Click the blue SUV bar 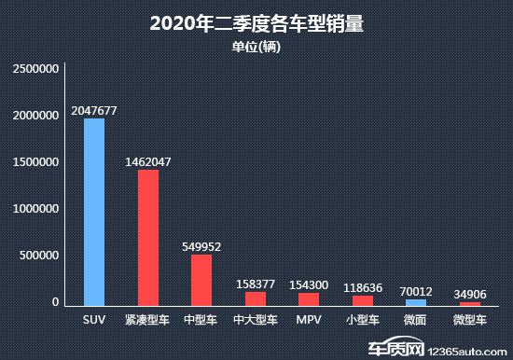coord(94,212)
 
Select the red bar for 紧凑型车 coord(147,238)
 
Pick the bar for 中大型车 coord(255,298)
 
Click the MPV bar coord(309,298)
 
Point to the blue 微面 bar coord(416,302)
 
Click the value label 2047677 coord(94,110)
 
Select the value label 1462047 coord(147,161)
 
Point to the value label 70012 coord(416,290)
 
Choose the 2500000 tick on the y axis coord(36,69)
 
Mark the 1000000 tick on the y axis coord(36,209)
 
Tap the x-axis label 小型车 coord(362,321)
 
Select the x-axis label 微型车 coord(469,321)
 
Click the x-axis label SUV coord(94,321)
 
